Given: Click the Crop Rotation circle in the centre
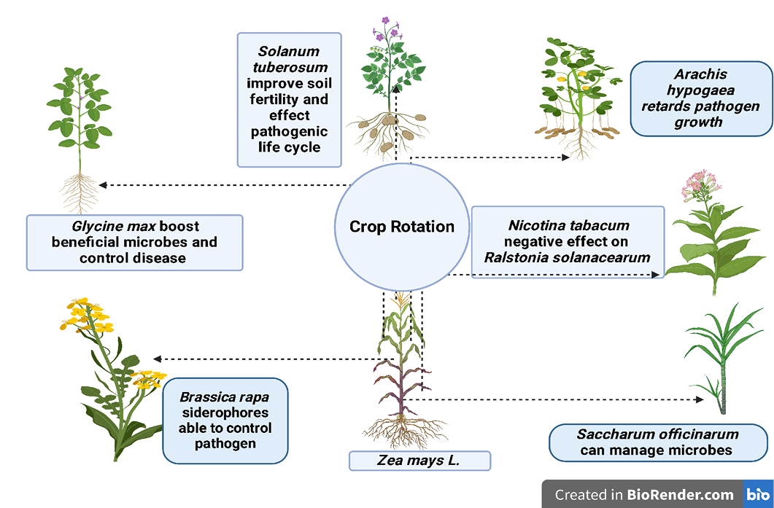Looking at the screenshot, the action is point(402,227).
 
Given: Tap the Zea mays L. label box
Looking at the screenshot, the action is point(419,461).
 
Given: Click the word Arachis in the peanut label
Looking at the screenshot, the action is point(700,74).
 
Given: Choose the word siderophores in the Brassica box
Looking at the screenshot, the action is point(225,413).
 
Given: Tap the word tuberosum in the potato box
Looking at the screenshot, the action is point(290,67).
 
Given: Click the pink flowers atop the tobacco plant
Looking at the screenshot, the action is point(701,185).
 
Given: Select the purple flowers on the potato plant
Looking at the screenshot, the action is point(388,31).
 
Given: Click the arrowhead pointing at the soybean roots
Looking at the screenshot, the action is point(103,185).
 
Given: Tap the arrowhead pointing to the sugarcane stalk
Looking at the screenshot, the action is point(699,399).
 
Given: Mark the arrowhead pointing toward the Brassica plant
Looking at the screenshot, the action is point(158,359).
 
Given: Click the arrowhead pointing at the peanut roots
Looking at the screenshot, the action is point(565,157).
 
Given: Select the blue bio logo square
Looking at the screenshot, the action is point(758,493).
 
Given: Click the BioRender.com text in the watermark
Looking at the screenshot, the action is point(680,495).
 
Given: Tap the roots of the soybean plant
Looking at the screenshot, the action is point(80,192).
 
